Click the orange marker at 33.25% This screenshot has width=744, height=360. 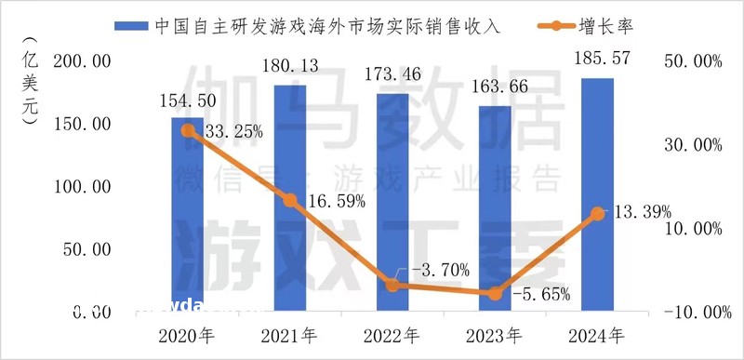pos(188,131)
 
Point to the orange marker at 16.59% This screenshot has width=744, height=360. pos(290,201)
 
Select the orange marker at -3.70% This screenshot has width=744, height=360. pos(392,286)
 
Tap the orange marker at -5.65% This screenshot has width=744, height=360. pos(495,294)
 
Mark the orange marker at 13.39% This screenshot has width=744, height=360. pos(597,214)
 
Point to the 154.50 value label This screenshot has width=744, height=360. pos(189,100)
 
